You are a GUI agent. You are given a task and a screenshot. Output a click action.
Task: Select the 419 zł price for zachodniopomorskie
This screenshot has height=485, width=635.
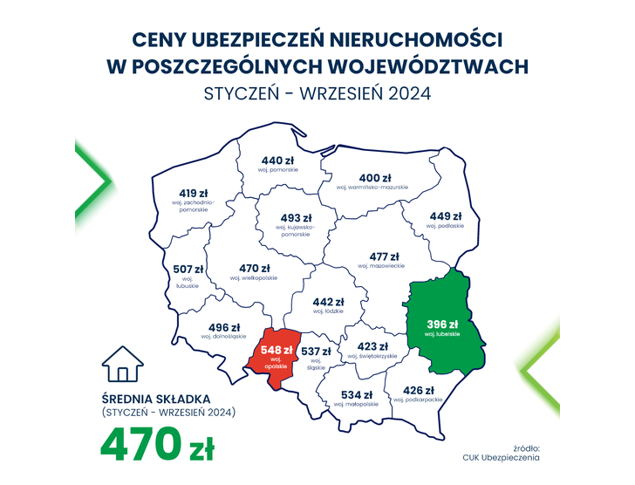pos(193,193)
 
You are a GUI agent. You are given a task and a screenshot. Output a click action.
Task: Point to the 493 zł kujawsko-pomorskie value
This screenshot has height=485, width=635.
pos(296,217)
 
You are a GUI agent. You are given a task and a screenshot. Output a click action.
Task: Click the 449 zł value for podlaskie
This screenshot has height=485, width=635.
pos(445,215)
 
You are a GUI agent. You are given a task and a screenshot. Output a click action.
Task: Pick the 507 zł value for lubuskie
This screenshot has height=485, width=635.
pos(188,269)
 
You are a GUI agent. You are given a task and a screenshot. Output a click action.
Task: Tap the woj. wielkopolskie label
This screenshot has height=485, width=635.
pos(253,277)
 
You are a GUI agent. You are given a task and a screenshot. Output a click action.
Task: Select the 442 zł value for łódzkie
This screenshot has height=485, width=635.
pos(328,301)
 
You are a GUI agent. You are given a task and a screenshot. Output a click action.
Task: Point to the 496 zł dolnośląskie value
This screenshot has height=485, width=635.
pos(224,326)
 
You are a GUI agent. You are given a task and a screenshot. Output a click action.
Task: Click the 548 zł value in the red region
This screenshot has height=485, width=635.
pos(277,350)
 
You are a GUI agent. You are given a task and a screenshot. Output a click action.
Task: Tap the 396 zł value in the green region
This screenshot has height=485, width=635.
pos(442,324)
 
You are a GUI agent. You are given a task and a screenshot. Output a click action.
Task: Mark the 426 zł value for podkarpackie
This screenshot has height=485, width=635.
pos(417,389)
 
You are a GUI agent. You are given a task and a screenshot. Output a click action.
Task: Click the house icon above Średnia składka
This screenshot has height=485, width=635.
pos(121,365)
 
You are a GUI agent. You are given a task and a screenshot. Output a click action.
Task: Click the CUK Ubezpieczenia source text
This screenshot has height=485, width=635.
pos(502,456)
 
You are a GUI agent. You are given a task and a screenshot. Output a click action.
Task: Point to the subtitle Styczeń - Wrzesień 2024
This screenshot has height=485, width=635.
pos(317,92)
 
